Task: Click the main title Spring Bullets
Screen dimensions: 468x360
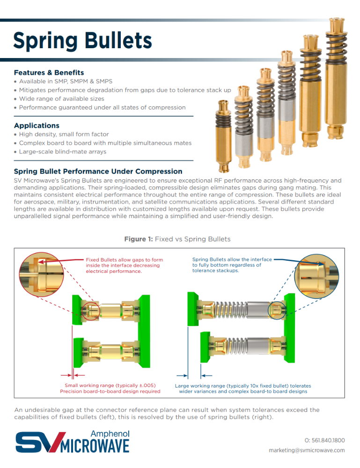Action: coord(82,41)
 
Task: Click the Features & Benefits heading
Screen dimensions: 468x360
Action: coord(49,73)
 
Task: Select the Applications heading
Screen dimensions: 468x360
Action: coord(37,125)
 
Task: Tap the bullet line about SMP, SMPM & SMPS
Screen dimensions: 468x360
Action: coord(66,81)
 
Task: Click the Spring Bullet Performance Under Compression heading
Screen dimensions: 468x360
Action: coord(98,171)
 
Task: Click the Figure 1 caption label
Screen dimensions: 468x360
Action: coord(177,239)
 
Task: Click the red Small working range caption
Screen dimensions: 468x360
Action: coord(110,388)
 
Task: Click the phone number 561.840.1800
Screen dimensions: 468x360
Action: coord(324,440)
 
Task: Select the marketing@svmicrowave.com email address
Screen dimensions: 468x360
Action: coord(307,450)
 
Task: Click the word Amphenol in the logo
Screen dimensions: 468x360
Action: coord(110,434)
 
